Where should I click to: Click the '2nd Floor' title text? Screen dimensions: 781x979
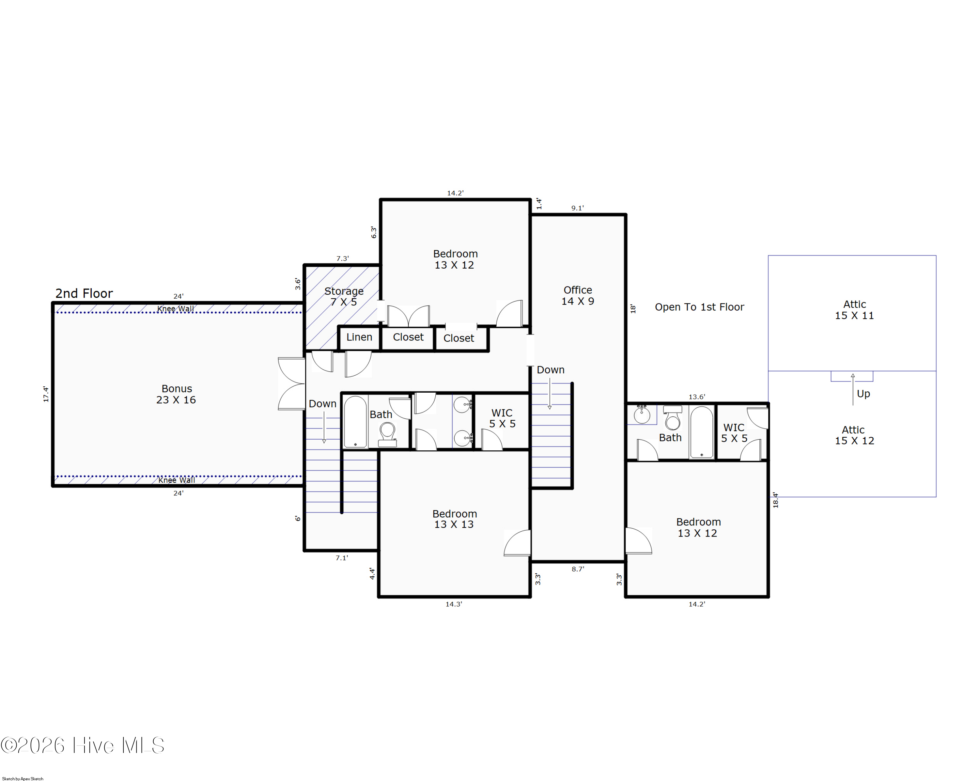pyautogui.click(x=84, y=293)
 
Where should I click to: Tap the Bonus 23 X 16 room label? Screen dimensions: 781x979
pyautogui.click(x=176, y=394)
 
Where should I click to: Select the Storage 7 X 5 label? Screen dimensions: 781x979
pyautogui.click(x=344, y=296)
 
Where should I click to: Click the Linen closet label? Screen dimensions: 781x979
pyautogui.click(x=359, y=337)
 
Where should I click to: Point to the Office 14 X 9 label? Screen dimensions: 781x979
pyautogui.click(x=578, y=295)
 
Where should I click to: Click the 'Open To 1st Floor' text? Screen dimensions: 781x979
pyautogui.click(x=699, y=307)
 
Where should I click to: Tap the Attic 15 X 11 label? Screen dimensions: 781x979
pyautogui.click(x=854, y=310)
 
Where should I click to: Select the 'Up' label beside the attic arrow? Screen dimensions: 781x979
pyautogui.click(x=863, y=394)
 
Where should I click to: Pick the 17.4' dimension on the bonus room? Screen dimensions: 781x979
pyautogui.click(x=46, y=394)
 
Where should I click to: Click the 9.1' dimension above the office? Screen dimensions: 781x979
pyautogui.click(x=577, y=208)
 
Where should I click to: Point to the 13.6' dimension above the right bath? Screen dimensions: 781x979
pyautogui.click(x=697, y=397)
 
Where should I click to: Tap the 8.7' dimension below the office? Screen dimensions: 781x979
pyautogui.click(x=578, y=569)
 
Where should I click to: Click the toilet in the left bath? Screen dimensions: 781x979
pyautogui.click(x=387, y=434)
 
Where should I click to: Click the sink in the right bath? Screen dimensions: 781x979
pyautogui.click(x=642, y=414)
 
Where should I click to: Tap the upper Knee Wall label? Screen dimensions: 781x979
pyautogui.click(x=175, y=309)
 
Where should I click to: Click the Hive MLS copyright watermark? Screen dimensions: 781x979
pyautogui.click(x=83, y=745)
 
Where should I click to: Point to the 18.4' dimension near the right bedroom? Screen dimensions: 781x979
pyautogui.click(x=776, y=500)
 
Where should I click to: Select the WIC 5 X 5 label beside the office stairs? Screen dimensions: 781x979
pyautogui.click(x=502, y=418)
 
